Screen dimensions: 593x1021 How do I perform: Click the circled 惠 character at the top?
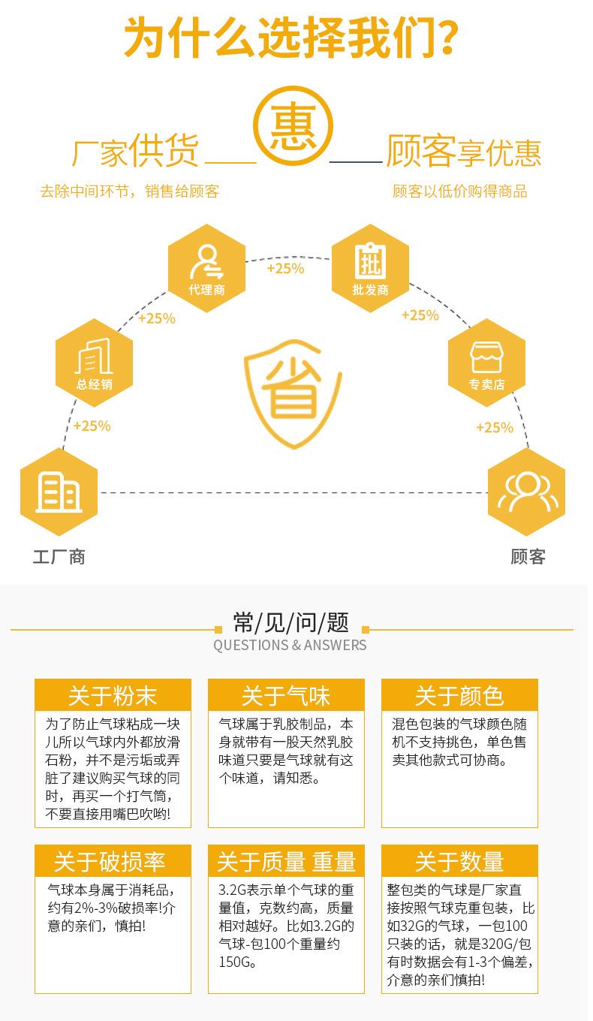(293, 130)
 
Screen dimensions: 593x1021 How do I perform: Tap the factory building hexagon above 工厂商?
(59, 492)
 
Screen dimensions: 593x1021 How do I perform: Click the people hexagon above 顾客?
(526, 492)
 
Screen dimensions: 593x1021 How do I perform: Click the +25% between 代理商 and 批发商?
(286, 268)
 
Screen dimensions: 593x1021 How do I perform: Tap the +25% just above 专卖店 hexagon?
(420, 315)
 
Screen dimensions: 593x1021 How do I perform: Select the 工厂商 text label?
(59, 556)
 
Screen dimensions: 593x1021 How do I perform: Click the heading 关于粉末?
(113, 695)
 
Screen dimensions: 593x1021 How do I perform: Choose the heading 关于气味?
(286, 695)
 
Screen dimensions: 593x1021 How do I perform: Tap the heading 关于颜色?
(459, 695)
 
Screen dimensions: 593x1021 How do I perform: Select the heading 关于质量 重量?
(286, 861)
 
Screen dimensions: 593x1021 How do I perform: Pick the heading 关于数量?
(459, 861)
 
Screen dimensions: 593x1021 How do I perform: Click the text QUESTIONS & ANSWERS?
(290, 645)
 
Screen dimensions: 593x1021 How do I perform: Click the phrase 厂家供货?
(135, 150)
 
